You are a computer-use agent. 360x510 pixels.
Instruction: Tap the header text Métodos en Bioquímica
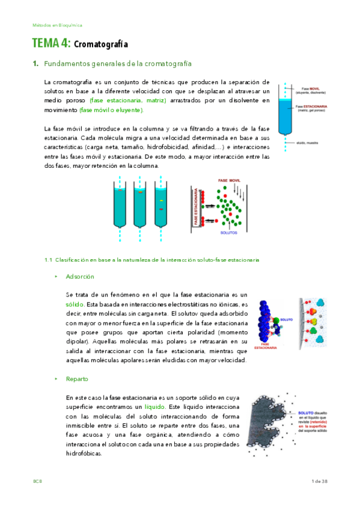[58, 25]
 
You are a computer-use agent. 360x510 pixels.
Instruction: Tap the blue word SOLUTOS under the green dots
[229, 232]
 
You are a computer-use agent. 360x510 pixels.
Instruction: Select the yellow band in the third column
[161, 200]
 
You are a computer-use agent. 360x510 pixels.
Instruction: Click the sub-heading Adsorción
[81, 276]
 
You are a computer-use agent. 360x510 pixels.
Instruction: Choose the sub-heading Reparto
[78, 379]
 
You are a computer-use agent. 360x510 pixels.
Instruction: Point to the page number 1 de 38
[320, 481]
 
